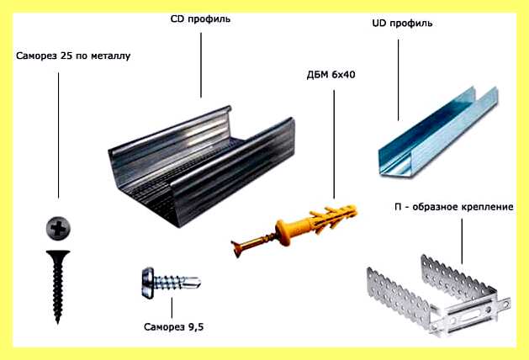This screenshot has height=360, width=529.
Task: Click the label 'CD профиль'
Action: (200, 19)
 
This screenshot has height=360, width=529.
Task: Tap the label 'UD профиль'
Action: (402, 24)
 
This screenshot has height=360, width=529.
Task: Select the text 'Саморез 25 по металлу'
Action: (73, 56)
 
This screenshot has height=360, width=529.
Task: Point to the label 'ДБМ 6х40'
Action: (331, 74)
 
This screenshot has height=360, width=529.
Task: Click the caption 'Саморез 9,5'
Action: (174, 326)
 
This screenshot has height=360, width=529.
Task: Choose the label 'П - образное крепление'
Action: (454, 206)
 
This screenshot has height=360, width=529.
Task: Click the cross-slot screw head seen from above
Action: (58, 229)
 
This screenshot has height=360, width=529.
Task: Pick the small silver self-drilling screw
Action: (172, 283)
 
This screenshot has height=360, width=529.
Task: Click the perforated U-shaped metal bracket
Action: (438, 295)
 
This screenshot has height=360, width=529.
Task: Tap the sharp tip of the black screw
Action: (58, 323)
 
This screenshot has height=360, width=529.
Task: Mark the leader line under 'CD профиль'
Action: (201, 65)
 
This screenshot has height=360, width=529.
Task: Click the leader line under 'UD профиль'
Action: (398, 80)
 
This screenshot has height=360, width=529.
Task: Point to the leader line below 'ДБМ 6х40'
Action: (334, 145)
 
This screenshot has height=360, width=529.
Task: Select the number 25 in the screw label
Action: (66, 56)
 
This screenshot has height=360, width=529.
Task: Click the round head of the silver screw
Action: (148, 283)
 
